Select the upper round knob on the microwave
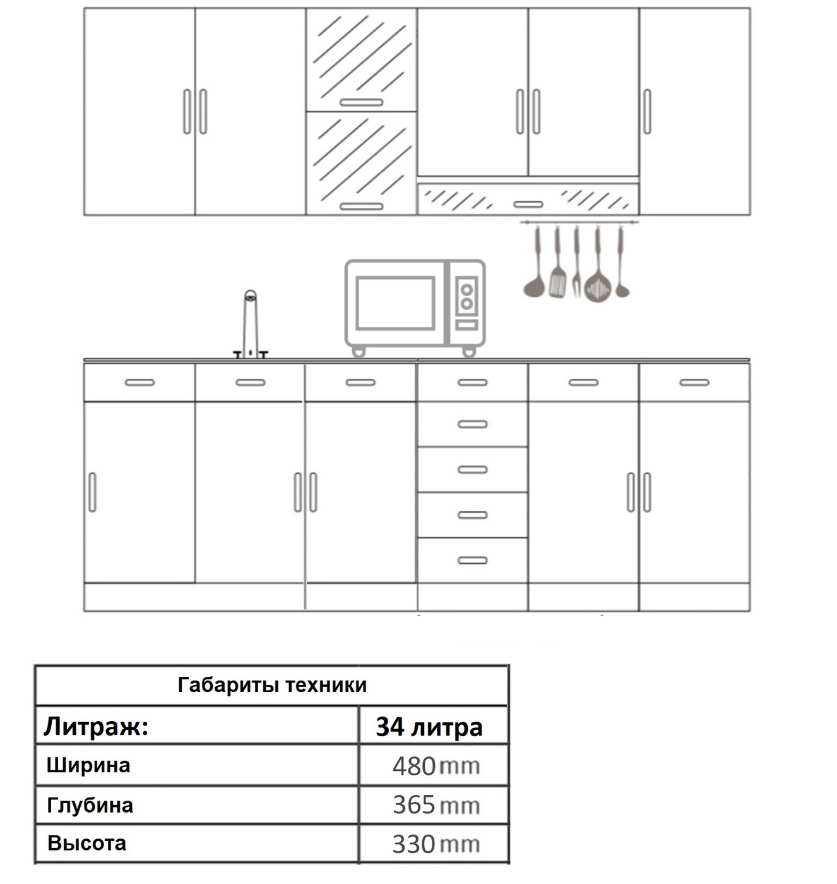tap(466, 290)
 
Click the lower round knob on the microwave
tap(466, 304)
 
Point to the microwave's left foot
tap(358, 351)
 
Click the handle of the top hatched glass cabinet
tap(360, 102)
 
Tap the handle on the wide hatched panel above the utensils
tap(528, 205)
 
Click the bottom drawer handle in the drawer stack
tap(472, 560)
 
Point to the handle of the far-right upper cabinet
tap(647, 112)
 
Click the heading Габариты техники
tap(272, 685)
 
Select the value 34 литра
tap(429, 727)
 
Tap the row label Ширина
tap(88, 765)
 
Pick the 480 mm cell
tap(436, 767)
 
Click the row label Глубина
tap(90, 805)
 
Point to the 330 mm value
tap(436, 844)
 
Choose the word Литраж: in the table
tap(96, 727)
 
